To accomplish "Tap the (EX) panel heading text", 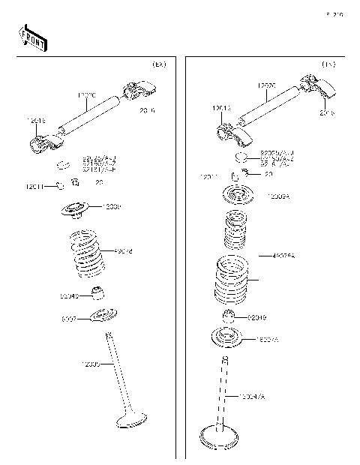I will [x=158, y=65].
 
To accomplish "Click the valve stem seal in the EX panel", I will [x=96, y=292].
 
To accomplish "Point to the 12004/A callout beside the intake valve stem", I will [x=253, y=394].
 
